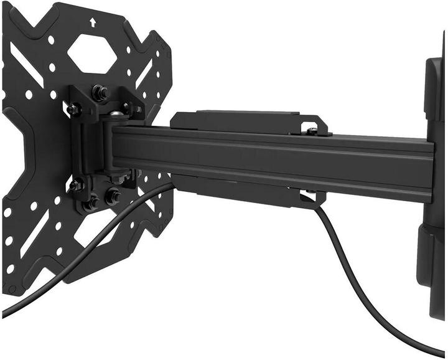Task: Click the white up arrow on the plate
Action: pos(93,22)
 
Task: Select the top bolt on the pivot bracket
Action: pos(99,92)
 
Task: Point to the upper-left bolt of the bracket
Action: pos(73,109)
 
